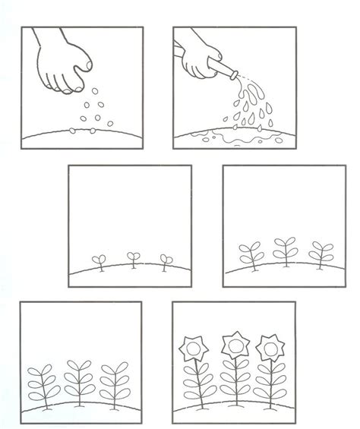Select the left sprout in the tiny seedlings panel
point(99,260)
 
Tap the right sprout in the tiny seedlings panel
point(163,260)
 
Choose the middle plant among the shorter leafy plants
point(286,251)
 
